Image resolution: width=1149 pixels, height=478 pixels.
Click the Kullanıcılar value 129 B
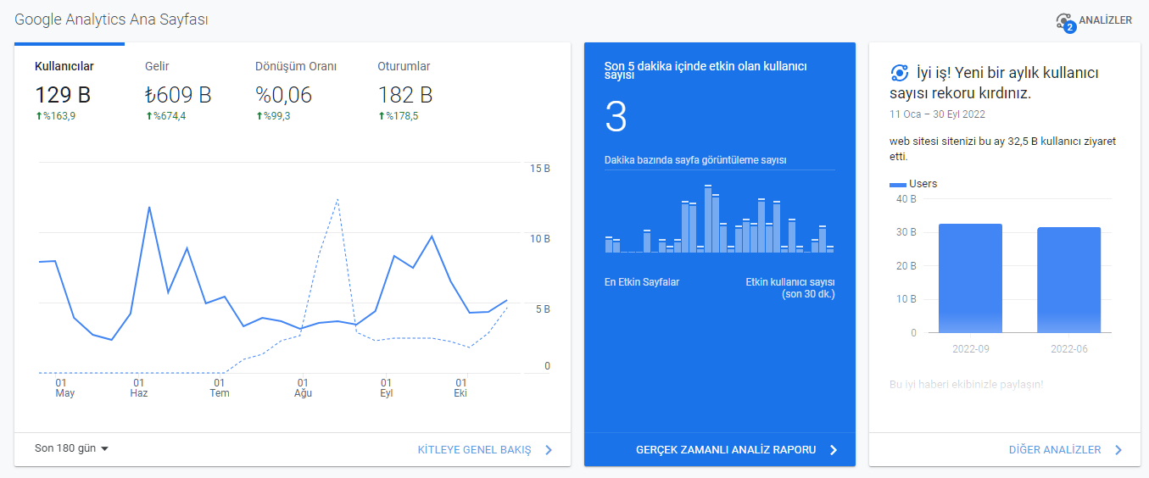pyautogui.click(x=63, y=95)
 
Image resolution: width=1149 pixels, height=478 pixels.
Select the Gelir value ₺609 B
pyautogui.click(x=178, y=95)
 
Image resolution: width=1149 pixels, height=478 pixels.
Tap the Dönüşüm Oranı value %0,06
pyautogui.click(x=284, y=95)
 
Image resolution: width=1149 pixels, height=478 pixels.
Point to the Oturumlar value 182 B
pyautogui.click(x=405, y=95)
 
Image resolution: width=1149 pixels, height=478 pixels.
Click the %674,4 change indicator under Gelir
pyautogui.click(x=165, y=116)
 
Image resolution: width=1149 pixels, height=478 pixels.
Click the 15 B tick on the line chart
pyautogui.click(x=539, y=168)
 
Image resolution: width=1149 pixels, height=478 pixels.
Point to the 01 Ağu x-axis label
pyautogui.click(x=303, y=387)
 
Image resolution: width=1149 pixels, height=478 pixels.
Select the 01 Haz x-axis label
pyautogui.click(x=138, y=387)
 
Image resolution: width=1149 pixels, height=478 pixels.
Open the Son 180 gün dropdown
pyautogui.click(x=71, y=448)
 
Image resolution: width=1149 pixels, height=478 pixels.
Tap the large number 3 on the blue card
pyautogui.click(x=616, y=116)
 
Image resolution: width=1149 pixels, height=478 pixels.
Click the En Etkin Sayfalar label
pyautogui.click(x=642, y=282)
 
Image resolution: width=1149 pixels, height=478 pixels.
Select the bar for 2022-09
pyautogui.click(x=970, y=279)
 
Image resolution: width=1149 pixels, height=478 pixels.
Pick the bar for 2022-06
pyautogui.click(x=1069, y=280)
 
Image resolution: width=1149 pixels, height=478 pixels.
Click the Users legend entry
pyautogui.click(x=913, y=184)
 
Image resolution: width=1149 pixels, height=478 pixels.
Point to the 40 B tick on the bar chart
pyautogui.click(x=906, y=199)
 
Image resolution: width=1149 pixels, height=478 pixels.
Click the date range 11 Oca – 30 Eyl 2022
pyautogui.click(x=937, y=114)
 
